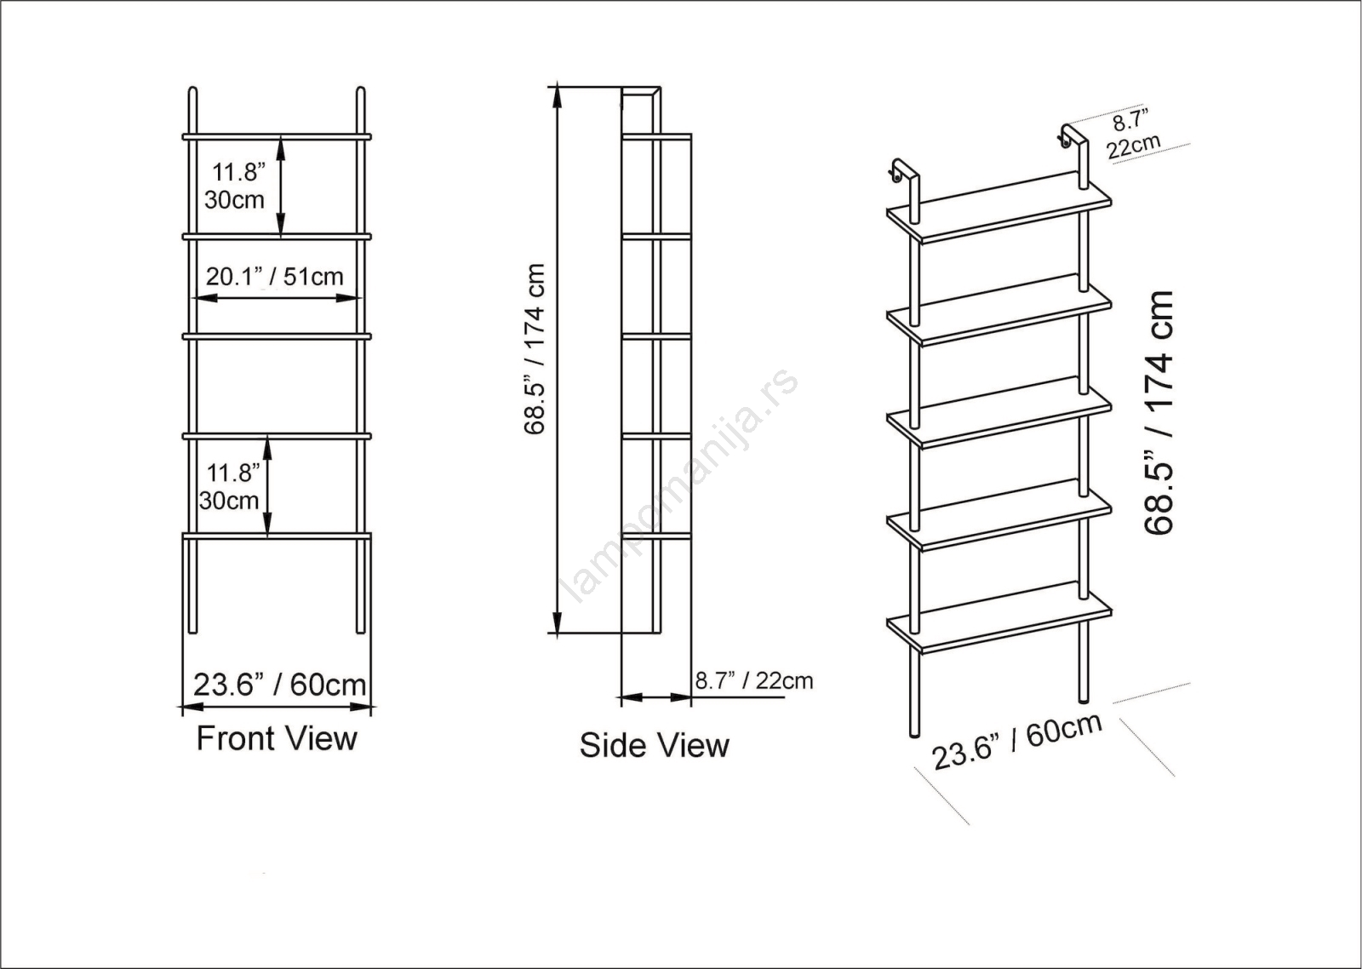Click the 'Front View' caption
277,738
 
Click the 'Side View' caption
654,745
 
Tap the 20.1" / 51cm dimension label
274,277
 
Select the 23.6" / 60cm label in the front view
279,685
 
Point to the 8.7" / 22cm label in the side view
754,680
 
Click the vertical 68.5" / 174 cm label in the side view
535,348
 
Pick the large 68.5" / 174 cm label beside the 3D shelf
1159,413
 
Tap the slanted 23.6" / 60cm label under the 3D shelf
1017,741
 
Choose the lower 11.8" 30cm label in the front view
229,487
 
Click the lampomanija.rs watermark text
682,484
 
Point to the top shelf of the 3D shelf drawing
999,208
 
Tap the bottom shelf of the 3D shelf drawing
999,617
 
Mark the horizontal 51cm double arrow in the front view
277,298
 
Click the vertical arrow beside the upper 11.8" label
281,186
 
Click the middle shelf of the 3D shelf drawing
999,412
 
